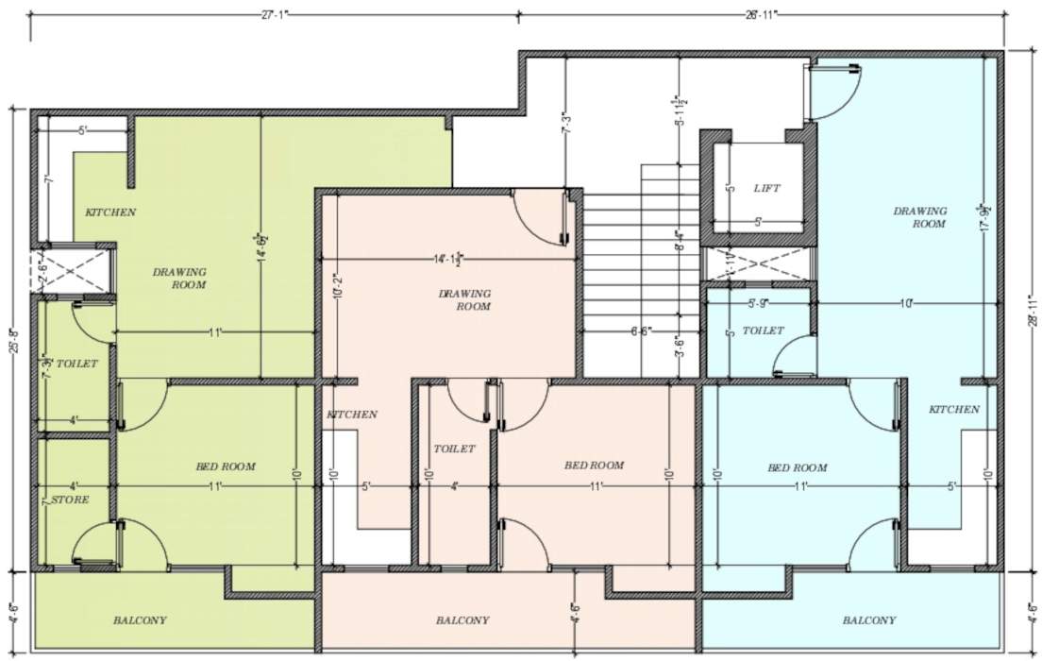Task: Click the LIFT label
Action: click(766, 189)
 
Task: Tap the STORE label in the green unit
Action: click(70, 500)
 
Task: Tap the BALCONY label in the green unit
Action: click(140, 620)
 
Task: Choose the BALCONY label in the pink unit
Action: click(462, 620)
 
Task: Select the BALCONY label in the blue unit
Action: click(869, 620)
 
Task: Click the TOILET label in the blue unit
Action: click(763, 330)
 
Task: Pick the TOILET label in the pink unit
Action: click(454, 449)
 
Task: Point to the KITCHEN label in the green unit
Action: click(110, 212)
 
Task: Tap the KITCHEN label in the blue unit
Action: click(953, 409)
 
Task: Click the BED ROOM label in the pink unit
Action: click(594, 465)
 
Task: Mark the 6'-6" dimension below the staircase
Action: click(639, 331)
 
